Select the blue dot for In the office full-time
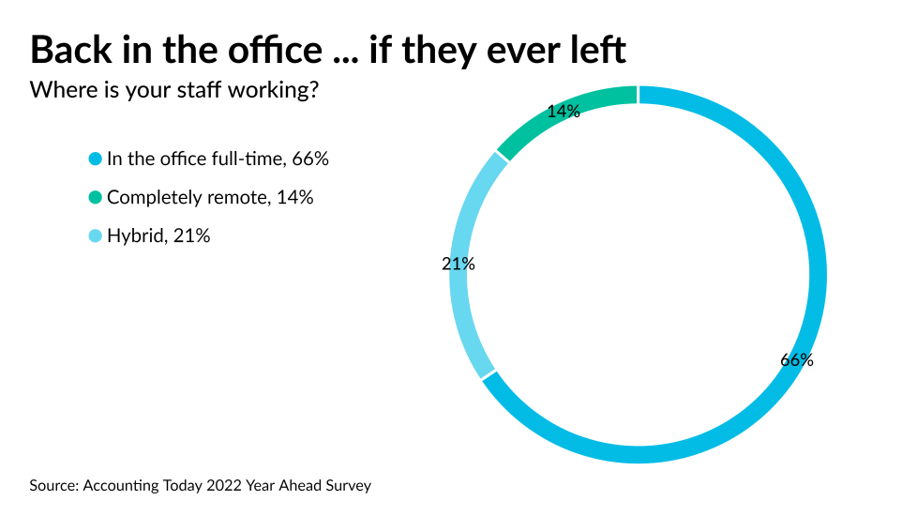click(x=95, y=159)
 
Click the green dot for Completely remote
click(x=95, y=198)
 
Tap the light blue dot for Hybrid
click(x=95, y=236)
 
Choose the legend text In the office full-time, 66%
click(x=218, y=159)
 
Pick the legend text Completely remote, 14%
click(x=210, y=198)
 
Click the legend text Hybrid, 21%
click(x=158, y=236)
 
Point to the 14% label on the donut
click(x=564, y=112)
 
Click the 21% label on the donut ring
click(x=458, y=265)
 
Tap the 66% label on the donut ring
click(x=797, y=360)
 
